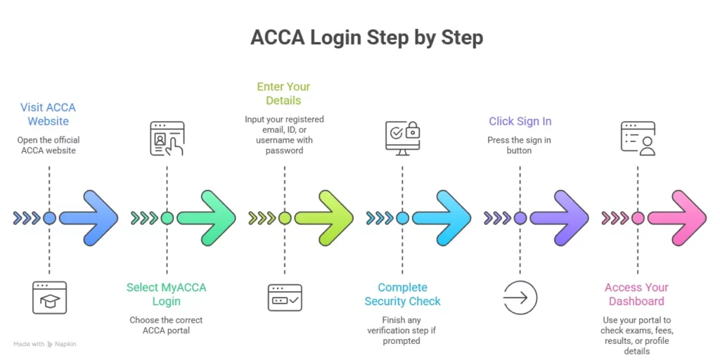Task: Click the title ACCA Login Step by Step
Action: pyautogui.click(x=366, y=37)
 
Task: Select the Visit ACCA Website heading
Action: pyautogui.click(x=48, y=114)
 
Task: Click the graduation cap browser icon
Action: pyautogui.click(x=49, y=297)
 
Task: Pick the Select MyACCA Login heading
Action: pyautogui.click(x=167, y=294)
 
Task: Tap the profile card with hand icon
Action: pyautogui.click(x=167, y=139)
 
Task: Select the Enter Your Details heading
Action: pyautogui.click(x=283, y=94)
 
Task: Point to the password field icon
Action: pyautogui.click(x=285, y=297)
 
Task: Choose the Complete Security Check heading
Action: pyautogui.click(x=402, y=294)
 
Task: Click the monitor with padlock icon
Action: pyautogui.click(x=402, y=138)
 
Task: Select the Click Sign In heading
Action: pyautogui.click(x=520, y=122)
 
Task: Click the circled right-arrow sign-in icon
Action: pyautogui.click(x=520, y=297)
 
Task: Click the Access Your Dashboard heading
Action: pyautogui.click(x=636, y=294)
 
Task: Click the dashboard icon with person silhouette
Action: pyautogui.click(x=638, y=138)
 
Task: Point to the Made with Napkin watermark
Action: pyautogui.click(x=44, y=344)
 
